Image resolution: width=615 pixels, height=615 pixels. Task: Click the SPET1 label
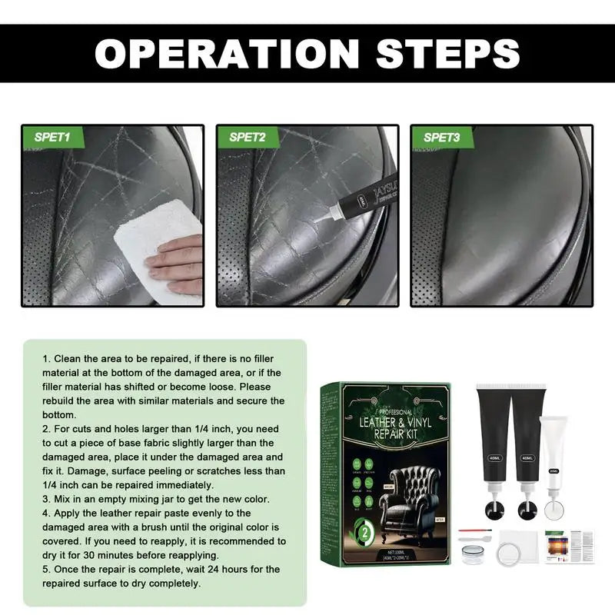pos(52,138)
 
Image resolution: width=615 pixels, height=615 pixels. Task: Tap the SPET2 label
pos(247,138)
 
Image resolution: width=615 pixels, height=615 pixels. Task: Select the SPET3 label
pos(442,138)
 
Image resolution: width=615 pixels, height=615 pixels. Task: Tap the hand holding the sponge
pos(175,261)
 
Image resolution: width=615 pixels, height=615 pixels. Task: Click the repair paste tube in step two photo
pos(361,203)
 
